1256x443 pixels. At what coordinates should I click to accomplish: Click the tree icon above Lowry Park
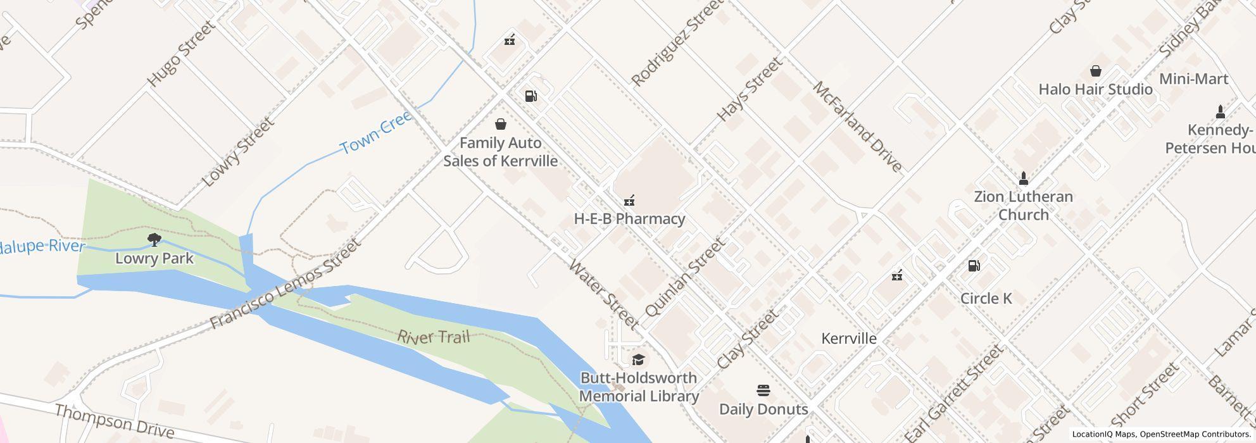(x=154, y=239)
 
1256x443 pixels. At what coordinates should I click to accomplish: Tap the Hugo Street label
(x=180, y=54)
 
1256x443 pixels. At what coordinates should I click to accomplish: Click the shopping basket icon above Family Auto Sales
(x=500, y=123)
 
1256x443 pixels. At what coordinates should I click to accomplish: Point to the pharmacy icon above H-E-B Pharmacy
(x=629, y=201)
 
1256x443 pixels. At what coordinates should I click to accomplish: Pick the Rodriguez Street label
(x=677, y=44)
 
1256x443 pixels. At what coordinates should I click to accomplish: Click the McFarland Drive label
(x=857, y=127)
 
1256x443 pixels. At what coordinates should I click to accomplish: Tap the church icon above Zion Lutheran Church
(x=1023, y=178)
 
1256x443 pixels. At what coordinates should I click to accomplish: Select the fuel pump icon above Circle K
(x=974, y=266)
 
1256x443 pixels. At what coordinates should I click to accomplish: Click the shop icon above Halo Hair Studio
(x=1095, y=71)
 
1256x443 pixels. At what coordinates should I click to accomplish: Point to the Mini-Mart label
(x=1193, y=79)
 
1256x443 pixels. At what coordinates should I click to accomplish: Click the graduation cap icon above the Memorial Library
(x=638, y=360)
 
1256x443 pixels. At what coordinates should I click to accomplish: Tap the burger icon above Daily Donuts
(x=763, y=390)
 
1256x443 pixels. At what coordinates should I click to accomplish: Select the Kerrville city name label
(x=848, y=339)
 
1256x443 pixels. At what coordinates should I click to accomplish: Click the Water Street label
(x=603, y=294)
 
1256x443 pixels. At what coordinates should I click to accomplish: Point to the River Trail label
(x=434, y=336)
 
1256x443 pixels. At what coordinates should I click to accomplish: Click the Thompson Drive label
(x=114, y=421)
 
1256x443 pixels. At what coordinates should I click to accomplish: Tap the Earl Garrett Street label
(x=953, y=394)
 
